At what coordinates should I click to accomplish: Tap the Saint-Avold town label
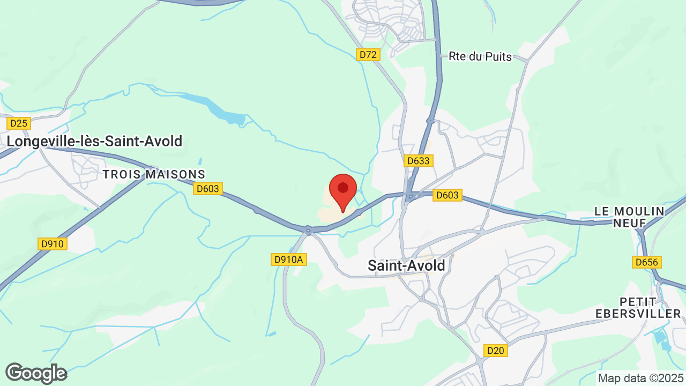(x=406, y=265)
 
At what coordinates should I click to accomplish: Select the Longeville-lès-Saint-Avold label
(x=94, y=141)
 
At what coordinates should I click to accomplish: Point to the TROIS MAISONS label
(x=154, y=174)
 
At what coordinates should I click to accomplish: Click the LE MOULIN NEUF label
(x=629, y=217)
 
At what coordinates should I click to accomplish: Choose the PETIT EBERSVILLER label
(x=650, y=308)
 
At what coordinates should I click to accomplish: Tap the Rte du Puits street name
(x=480, y=56)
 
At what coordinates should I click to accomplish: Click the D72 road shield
(x=369, y=55)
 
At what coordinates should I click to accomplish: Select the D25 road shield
(x=19, y=123)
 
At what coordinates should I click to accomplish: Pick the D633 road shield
(x=418, y=161)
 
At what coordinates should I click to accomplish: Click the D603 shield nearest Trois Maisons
(x=208, y=189)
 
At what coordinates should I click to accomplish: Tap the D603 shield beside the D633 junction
(x=447, y=196)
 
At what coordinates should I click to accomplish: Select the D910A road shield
(x=288, y=259)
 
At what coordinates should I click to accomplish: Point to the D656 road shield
(x=647, y=262)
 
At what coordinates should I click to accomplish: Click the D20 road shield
(x=495, y=351)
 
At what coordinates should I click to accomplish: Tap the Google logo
(x=36, y=373)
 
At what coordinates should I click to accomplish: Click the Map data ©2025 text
(x=641, y=378)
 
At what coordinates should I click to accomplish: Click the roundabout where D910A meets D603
(x=308, y=231)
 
